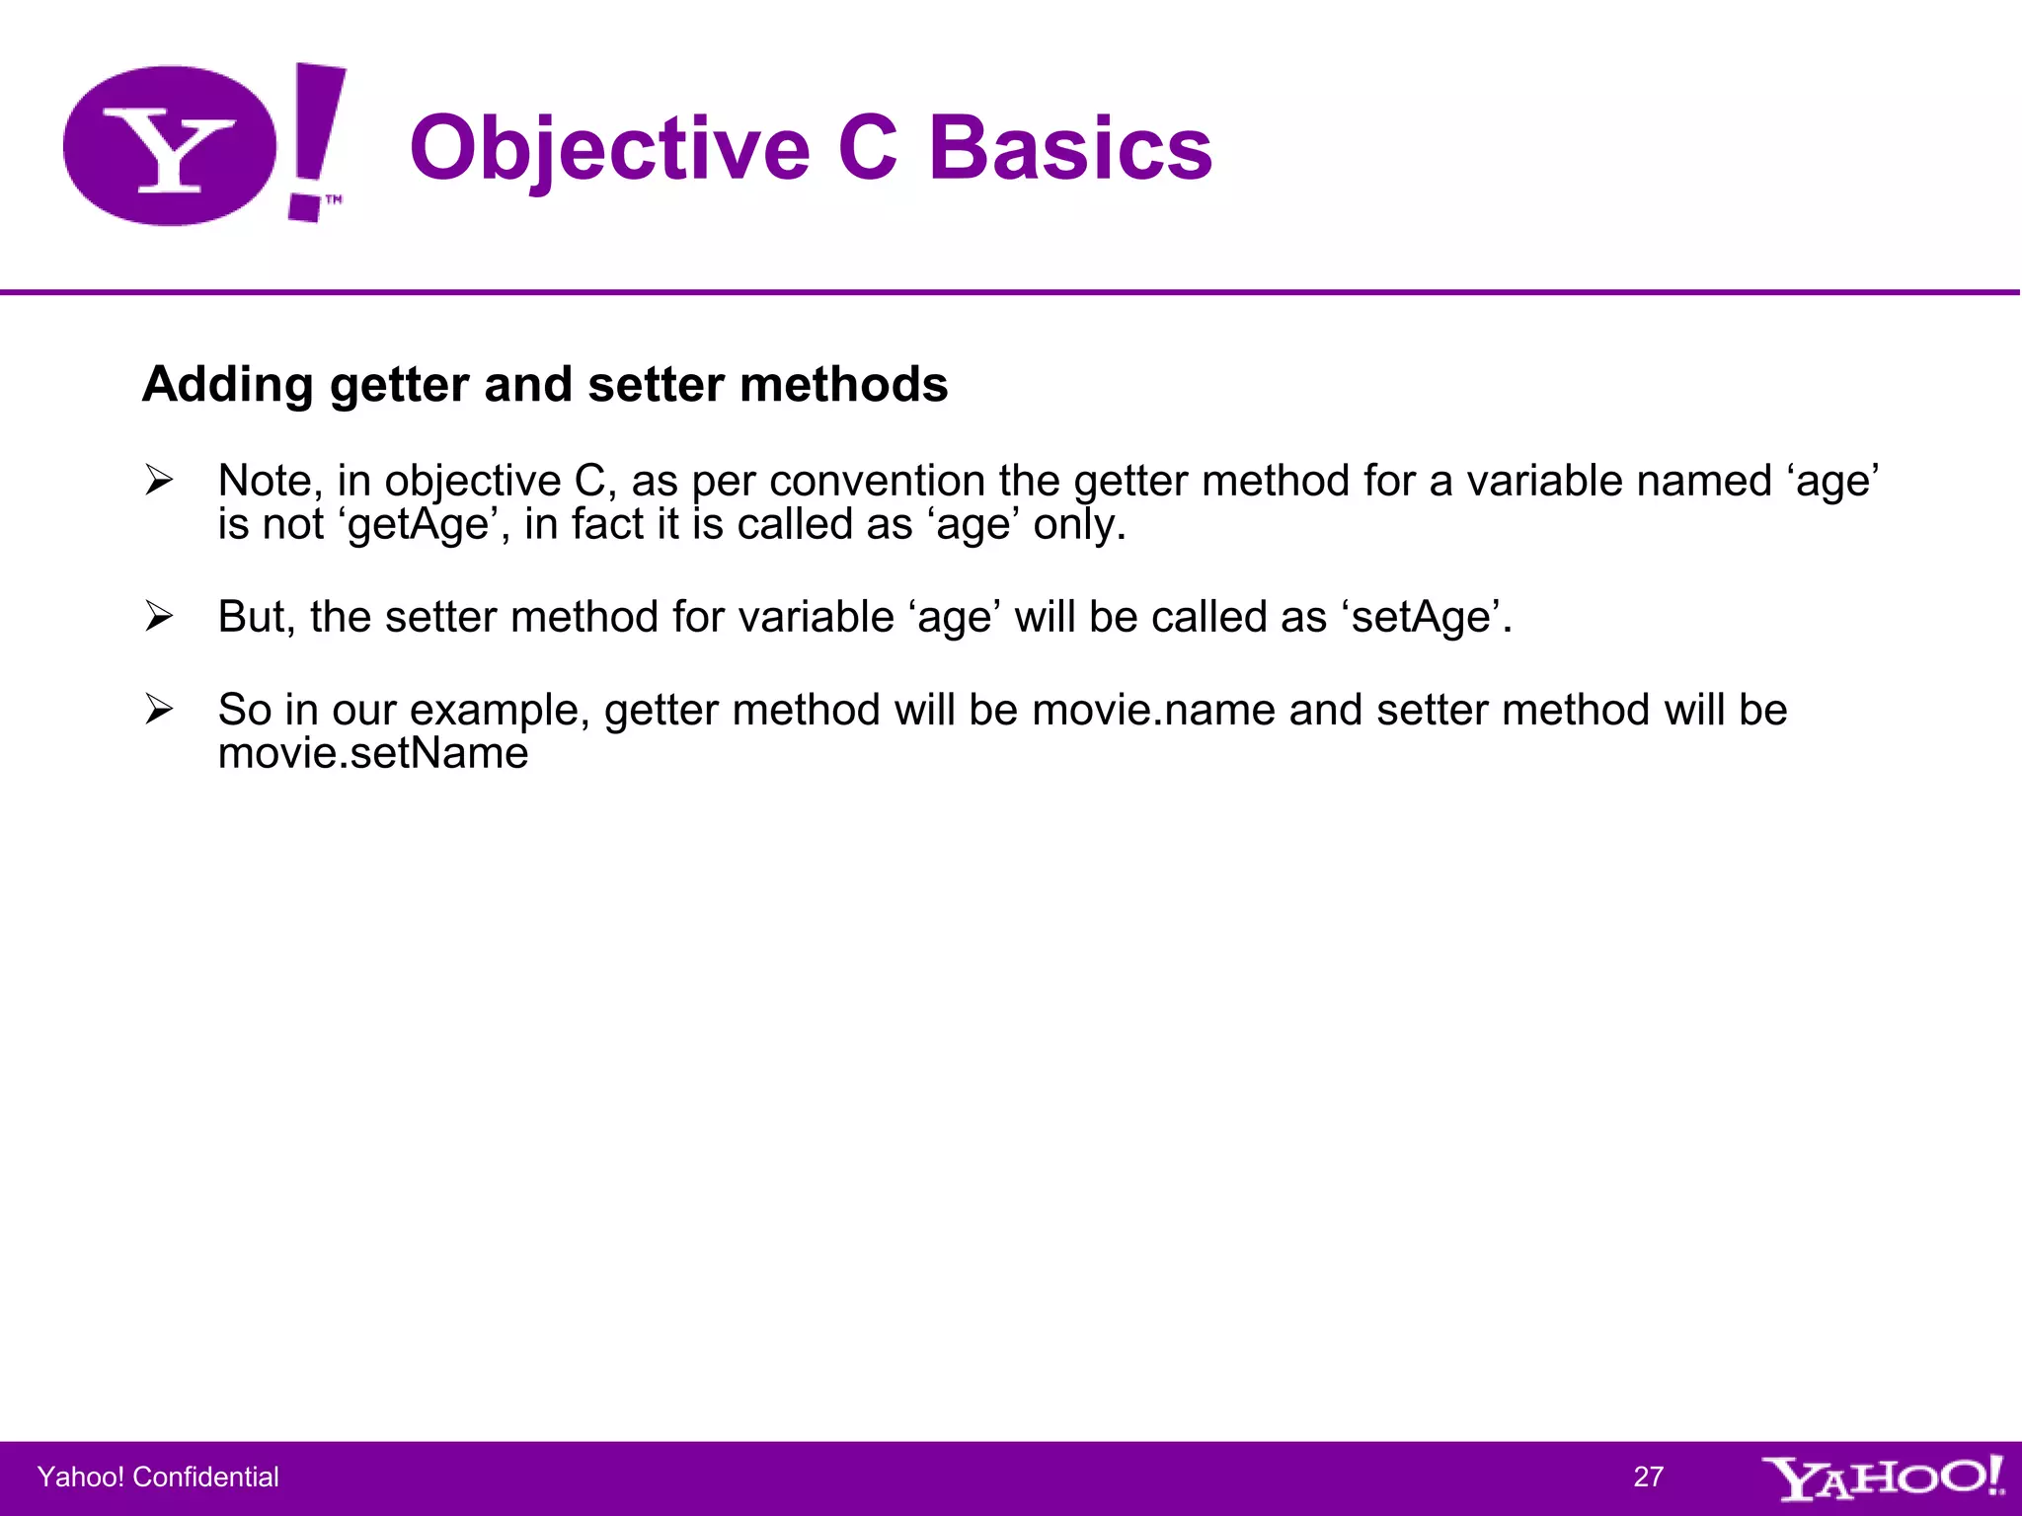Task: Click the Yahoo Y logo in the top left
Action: (x=170, y=146)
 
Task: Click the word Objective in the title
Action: (x=609, y=149)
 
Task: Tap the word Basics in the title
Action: (x=1070, y=149)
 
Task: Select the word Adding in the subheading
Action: (x=227, y=385)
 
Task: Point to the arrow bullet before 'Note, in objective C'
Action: (x=159, y=481)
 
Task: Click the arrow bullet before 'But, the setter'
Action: (x=159, y=617)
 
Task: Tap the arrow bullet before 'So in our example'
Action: (x=159, y=710)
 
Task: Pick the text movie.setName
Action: (x=373, y=754)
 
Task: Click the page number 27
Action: (x=1648, y=1477)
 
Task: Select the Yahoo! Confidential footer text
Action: (x=158, y=1477)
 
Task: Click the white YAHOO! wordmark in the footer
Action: (x=1882, y=1478)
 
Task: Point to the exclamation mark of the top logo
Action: (x=316, y=138)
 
